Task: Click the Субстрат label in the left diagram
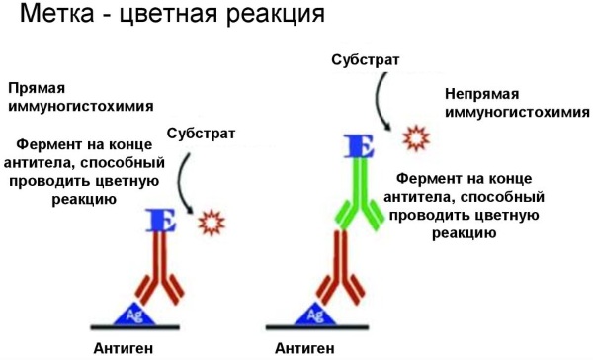click(201, 134)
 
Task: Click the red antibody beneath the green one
click(343, 272)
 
